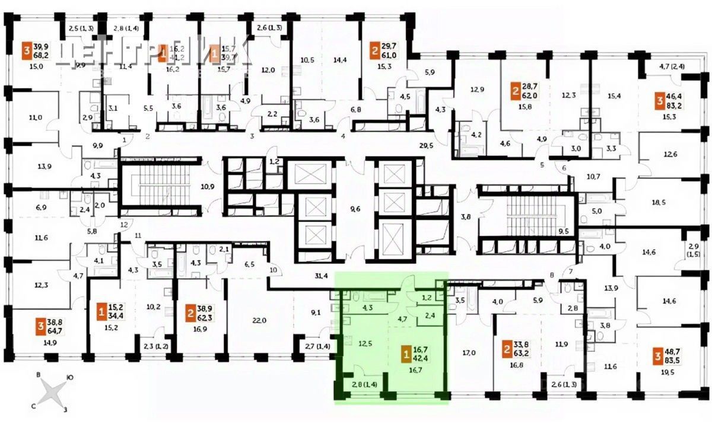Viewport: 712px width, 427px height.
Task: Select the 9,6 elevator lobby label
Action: tap(355, 208)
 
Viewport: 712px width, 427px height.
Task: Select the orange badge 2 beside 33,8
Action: tap(507, 346)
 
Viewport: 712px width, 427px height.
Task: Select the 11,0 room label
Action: tap(35, 118)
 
